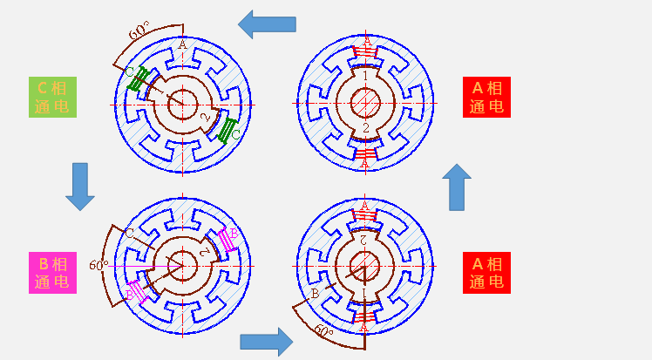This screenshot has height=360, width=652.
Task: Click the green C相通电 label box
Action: click(x=53, y=97)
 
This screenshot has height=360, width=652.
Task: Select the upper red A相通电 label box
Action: click(x=486, y=97)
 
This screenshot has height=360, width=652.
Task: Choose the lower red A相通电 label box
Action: click(x=486, y=272)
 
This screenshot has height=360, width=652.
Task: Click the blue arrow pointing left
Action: click(x=268, y=24)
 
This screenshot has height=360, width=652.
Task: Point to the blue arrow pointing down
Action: click(x=80, y=186)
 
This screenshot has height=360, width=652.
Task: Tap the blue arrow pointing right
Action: click(x=266, y=340)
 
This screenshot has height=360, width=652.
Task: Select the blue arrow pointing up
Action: click(x=459, y=187)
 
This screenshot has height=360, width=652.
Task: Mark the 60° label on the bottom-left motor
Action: click(x=98, y=263)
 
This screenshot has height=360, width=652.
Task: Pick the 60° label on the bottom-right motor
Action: click(x=323, y=331)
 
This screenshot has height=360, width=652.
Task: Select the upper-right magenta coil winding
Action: click(x=228, y=238)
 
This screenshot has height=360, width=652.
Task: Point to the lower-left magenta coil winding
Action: click(x=137, y=290)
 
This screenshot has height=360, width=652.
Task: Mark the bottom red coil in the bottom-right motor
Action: click(x=366, y=316)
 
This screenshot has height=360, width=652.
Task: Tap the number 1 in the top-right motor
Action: click(x=367, y=77)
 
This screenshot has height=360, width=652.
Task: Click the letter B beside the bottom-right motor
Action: click(x=315, y=295)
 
